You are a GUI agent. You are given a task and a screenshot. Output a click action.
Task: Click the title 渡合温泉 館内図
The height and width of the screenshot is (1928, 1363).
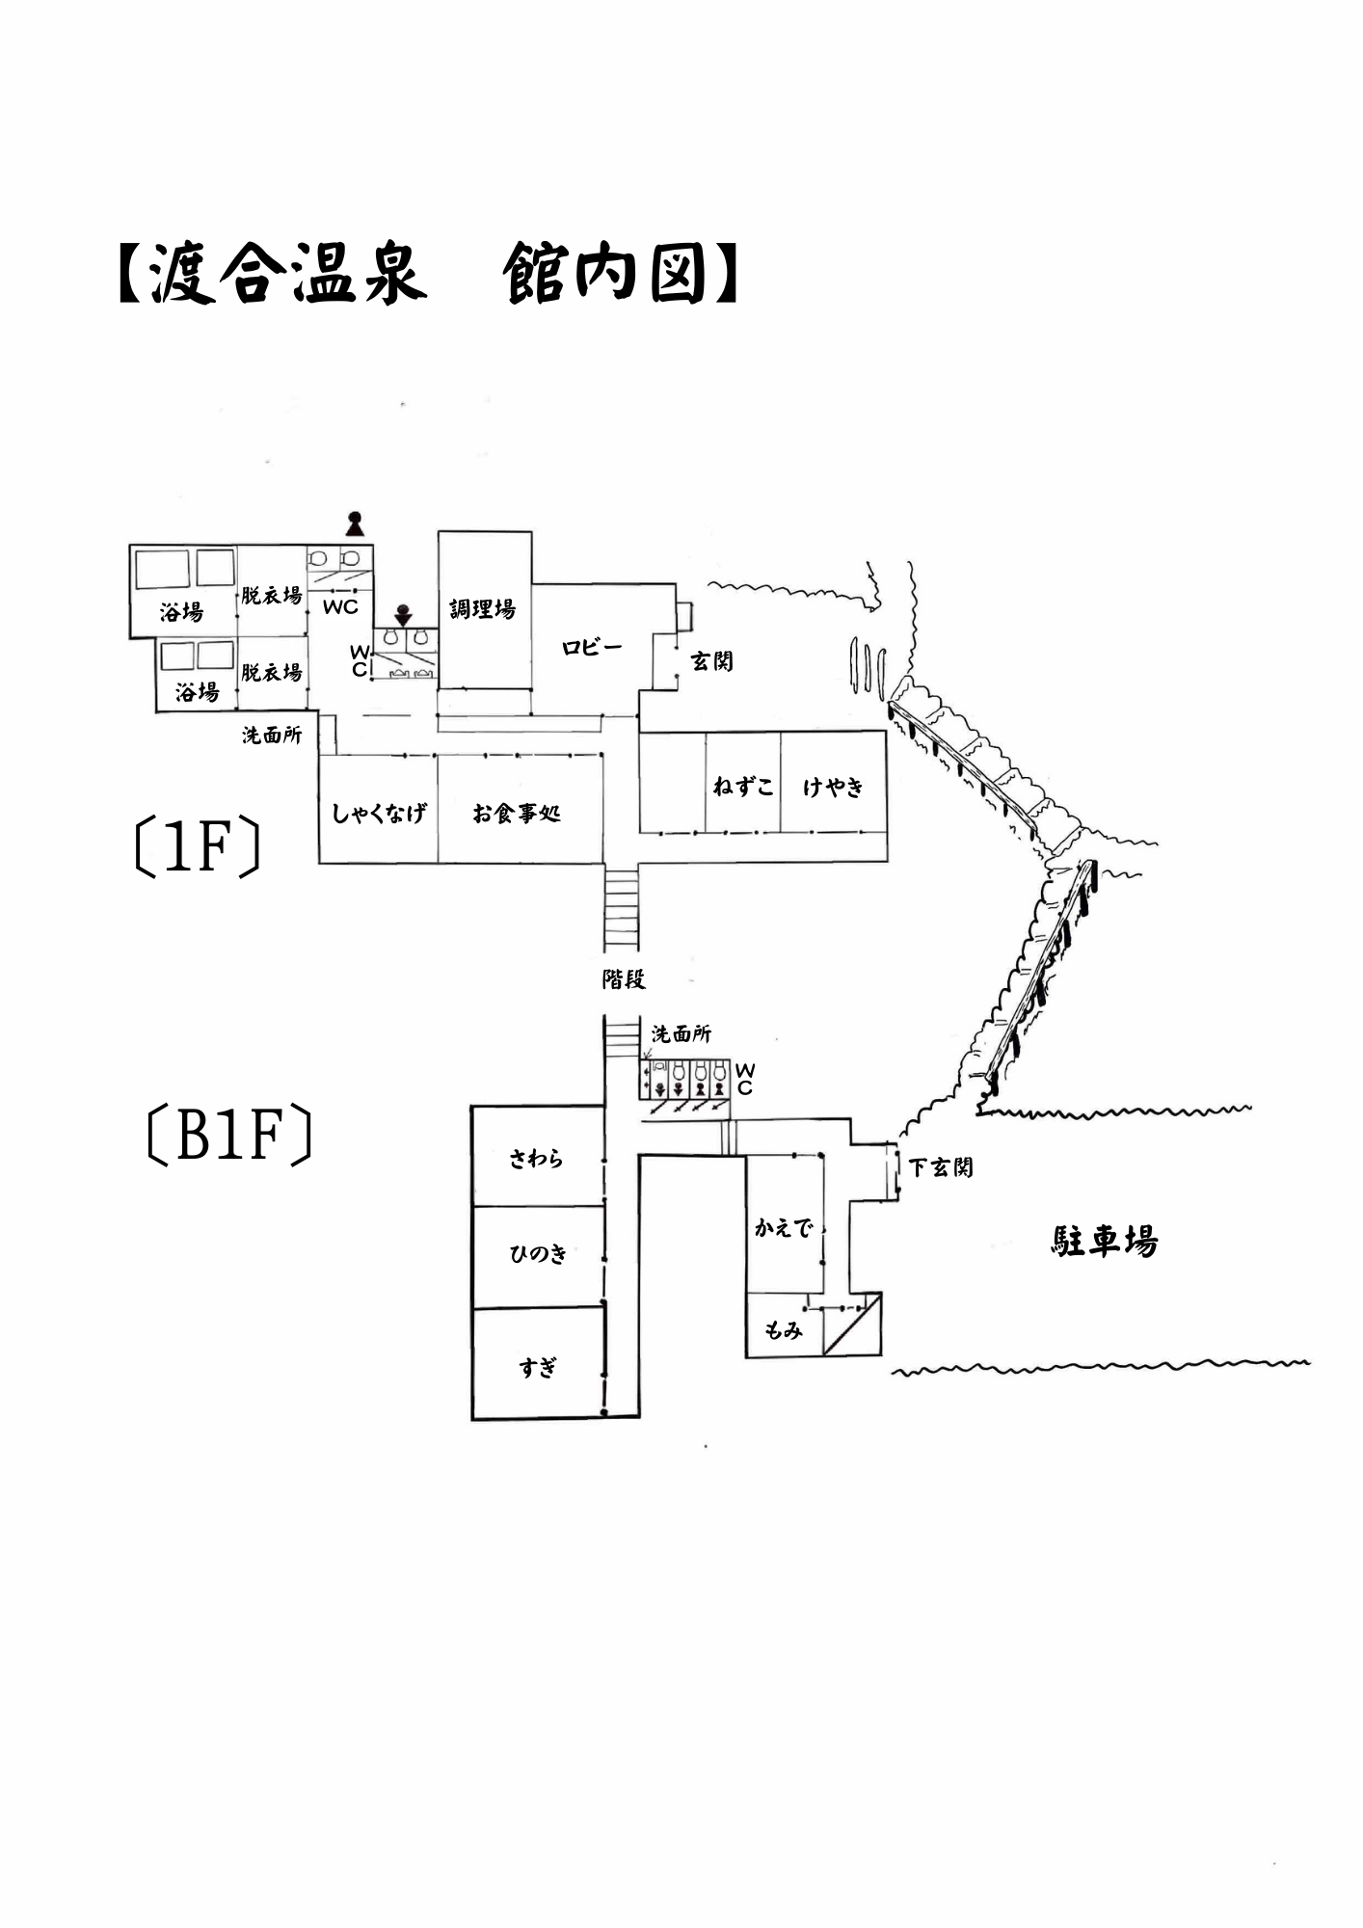pos(428,274)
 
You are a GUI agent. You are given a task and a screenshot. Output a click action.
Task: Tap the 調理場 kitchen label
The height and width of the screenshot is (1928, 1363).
pos(482,608)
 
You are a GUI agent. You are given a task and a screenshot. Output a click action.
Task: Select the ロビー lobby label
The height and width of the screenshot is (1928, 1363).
pos(592,648)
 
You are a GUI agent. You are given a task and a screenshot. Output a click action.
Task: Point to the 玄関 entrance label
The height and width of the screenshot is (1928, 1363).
pos(711,661)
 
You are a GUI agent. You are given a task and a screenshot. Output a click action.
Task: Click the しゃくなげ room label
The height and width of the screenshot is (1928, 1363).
pos(378,814)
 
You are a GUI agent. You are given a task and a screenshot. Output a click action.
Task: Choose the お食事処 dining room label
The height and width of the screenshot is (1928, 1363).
pos(517,814)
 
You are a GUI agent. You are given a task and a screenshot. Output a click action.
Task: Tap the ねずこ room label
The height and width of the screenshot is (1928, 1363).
pos(742,787)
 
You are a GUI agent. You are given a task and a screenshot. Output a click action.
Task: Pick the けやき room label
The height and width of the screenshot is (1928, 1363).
pos(833,787)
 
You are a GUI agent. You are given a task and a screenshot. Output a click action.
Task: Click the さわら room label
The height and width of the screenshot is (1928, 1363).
pos(536,1158)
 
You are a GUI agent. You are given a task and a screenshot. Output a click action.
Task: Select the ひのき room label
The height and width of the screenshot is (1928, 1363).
pos(538,1253)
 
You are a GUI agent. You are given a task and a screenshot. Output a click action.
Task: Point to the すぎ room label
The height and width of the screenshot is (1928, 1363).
pos(538,1367)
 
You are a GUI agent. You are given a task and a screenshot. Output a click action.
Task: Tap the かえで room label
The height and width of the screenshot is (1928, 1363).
pos(783,1228)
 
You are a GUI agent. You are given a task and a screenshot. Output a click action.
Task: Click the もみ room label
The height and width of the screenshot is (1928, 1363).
pos(783,1330)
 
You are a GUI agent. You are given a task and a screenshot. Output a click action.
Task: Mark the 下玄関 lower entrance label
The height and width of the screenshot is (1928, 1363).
pos(941,1167)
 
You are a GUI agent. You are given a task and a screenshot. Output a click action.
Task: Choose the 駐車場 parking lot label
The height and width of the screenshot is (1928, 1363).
pos(1105,1242)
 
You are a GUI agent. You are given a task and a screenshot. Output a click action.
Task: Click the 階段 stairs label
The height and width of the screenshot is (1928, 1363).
pos(623,979)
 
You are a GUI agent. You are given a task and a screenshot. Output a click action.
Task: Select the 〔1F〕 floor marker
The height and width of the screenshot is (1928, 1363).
pos(198,847)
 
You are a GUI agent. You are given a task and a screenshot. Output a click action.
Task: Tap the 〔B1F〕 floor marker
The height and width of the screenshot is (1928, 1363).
pos(229,1136)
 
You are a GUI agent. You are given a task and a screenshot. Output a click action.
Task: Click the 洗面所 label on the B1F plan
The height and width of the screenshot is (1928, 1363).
pos(681,1034)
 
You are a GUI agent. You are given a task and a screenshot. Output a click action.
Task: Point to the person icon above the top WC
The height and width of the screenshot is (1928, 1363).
pos(356,523)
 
